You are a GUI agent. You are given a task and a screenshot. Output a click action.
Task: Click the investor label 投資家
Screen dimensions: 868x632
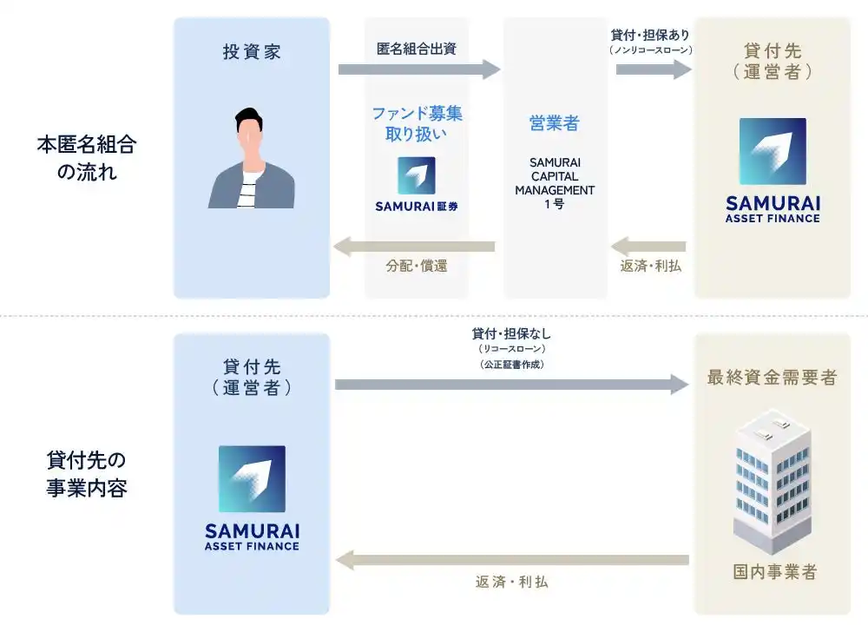252,51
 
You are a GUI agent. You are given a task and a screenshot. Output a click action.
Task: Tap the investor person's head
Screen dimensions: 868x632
248,132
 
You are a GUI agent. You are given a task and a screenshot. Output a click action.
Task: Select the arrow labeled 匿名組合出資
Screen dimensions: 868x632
419,69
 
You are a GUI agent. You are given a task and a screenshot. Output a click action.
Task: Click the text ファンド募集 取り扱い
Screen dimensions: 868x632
417,123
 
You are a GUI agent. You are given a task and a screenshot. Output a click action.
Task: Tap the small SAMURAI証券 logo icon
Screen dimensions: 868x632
417,175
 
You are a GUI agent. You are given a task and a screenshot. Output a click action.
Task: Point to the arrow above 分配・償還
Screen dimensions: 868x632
414,247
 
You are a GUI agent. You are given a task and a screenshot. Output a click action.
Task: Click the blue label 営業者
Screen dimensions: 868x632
554,123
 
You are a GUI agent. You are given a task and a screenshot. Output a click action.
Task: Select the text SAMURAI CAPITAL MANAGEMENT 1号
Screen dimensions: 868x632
555,183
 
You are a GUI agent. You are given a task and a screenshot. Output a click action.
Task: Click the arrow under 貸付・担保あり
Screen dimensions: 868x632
654,69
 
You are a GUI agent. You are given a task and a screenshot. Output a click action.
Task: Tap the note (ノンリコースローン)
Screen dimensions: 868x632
650,49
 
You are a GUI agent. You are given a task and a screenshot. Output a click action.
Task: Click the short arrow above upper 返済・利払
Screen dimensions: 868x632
648,247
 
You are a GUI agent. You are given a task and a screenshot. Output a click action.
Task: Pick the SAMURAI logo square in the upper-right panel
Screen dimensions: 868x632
773,151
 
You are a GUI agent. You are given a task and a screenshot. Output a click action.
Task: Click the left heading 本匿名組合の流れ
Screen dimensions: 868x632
87,158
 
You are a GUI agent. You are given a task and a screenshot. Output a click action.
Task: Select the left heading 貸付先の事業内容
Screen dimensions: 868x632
87,474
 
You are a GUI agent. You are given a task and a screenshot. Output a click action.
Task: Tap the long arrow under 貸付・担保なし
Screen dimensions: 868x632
512,385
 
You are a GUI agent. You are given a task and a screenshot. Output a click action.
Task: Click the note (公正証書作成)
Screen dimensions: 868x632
512,364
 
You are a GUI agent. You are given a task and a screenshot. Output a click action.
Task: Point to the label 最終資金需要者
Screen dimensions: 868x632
773,378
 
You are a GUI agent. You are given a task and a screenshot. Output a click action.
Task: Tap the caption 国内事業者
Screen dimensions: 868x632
775,572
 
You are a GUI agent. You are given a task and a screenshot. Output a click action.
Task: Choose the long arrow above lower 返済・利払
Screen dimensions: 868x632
512,560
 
